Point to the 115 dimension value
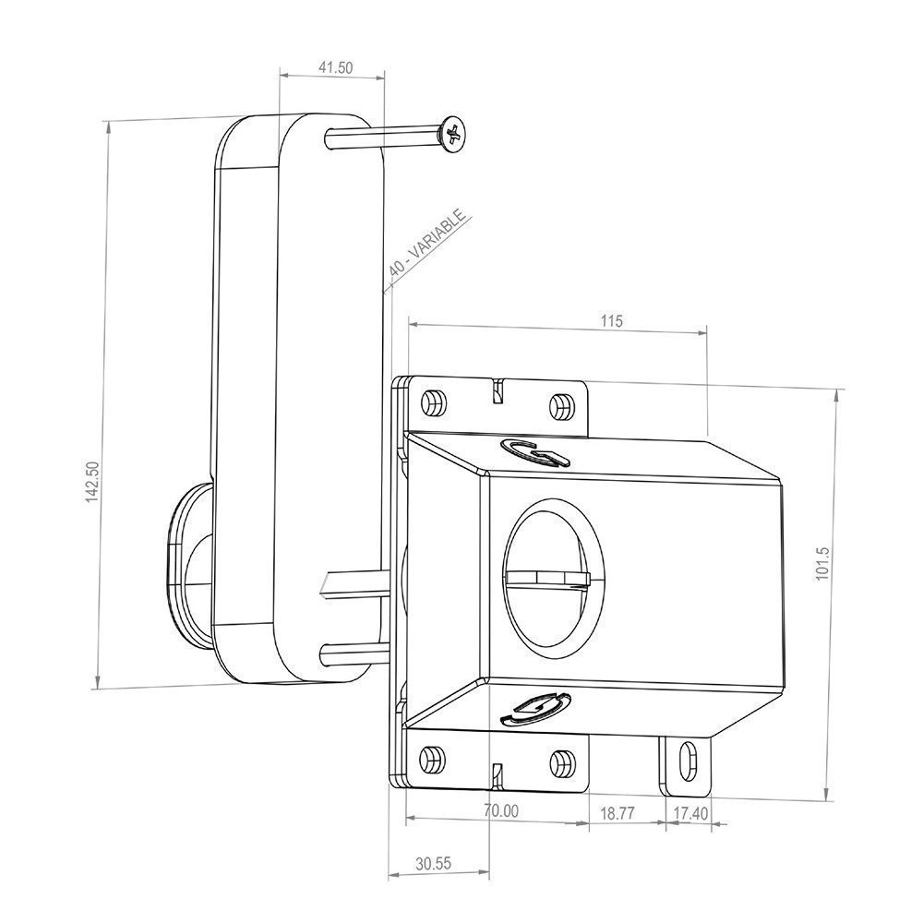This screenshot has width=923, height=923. tap(611, 321)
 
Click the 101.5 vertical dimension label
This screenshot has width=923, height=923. tap(823, 564)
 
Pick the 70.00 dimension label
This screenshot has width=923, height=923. tap(500, 810)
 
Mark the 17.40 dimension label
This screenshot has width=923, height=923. tap(689, 813)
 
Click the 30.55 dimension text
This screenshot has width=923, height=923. tap(432, 864)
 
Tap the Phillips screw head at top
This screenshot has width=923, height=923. tap(452, 136)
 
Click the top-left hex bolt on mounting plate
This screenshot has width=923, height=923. tap(431, 403)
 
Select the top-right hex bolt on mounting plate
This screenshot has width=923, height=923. tap(560, 405)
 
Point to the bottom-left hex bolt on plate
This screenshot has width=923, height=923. tap(430, 760)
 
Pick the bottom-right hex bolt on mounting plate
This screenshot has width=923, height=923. tap(560, 762)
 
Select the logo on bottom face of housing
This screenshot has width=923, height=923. tap(535, 707)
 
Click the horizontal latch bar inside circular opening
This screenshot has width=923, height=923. tap(546, 578)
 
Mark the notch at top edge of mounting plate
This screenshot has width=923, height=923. tap(497, 390)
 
